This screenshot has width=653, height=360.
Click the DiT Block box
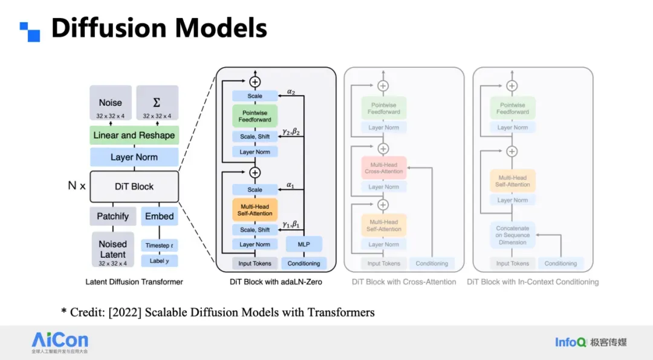tap(134, 186)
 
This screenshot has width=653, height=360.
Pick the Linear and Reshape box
tap(134, 136)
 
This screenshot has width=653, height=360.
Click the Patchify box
tap(113, 216)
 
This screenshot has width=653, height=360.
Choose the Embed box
tap(160, 216)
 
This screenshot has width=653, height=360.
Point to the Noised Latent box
tap(113, 249)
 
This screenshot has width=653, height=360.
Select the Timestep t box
tap(160, 245)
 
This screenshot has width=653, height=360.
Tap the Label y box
tap(160, 261)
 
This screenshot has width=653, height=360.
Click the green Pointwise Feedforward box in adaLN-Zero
tap(255, 116)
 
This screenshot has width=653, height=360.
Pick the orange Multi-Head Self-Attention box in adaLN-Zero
tap(255, 210)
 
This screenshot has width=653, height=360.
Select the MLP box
tap(304, 244)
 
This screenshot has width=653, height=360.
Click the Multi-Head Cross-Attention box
tap(384, 168)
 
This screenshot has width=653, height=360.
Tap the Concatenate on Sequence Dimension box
tap(512, 235)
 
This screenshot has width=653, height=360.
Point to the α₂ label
tap(291, 91)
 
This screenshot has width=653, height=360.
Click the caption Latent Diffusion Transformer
tap(134, 282)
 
